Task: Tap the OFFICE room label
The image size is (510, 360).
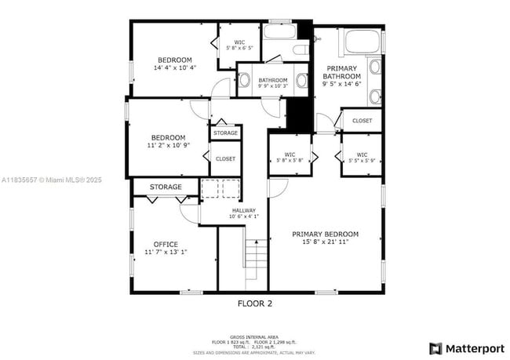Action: click(166, 244)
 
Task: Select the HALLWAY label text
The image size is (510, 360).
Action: click(242, 210)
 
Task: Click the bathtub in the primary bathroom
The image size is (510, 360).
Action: click(361, 42)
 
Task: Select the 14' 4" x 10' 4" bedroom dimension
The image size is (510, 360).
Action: click(174, 68)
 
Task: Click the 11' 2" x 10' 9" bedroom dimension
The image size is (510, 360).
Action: click(168, 145)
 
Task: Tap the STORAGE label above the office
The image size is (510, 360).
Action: click(166, 187)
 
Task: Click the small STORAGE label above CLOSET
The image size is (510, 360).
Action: click(225, 133)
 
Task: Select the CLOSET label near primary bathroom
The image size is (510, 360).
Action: click(362, 120)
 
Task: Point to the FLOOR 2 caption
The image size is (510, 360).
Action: click(254, 303)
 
